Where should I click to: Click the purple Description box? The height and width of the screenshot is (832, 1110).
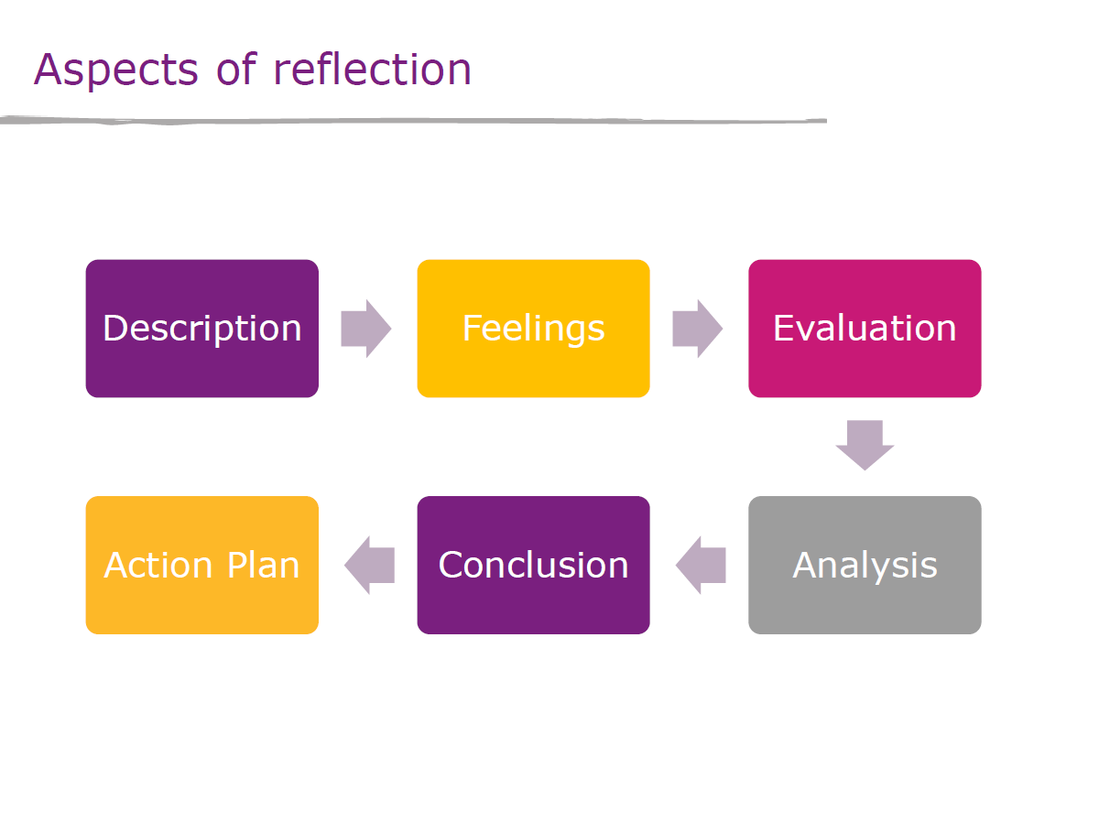pyautogui.click(x=201, y=329)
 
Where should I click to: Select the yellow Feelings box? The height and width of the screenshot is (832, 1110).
pyautogui.click(x=533, y=329)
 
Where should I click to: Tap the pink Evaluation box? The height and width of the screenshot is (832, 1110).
pyautogui.click(x=865, y=329)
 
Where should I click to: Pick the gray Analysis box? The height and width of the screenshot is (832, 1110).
pyautogui.click(x=865, y=565)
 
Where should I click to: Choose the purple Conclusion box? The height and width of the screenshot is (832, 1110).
pyautogui.click(x=533, y=565)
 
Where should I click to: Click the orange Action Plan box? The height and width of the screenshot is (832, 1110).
pyautogui.click(x=201, y=565)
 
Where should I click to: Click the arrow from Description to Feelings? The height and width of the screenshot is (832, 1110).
pyautogui.click(x=366, y=329)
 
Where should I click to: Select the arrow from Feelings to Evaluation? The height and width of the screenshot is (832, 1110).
pyautogui.click(x=697, y=329)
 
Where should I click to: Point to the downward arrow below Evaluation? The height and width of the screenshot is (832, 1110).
pyautogui.click(x=865, y=445)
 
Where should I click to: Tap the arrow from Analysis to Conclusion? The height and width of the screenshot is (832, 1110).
pyautogui.click(x=701, y=565)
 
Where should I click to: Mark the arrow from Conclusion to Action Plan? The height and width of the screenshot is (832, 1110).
pyautogui.click(x=369, y=565)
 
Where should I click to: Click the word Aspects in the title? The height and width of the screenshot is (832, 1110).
pyautogui.click(x=115, y=70)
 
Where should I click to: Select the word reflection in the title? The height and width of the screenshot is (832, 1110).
pyautogui.click(x=372, y=69)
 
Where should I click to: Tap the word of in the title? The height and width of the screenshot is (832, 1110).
pyautogui.click(x=236, y=69)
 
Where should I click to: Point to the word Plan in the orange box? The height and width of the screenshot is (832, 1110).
pyautogui.click(x=263, y=564)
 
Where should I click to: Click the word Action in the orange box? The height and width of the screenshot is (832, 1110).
pyautogui.click(x=158, y=565)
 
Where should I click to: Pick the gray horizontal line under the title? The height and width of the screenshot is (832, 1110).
pyautogui.click(x=413, y=121)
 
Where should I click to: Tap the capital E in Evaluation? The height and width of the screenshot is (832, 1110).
pyautogui.click(x=784, y=328)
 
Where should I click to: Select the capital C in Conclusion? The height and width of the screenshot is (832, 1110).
pyautogui.click(x=452, y=564)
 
